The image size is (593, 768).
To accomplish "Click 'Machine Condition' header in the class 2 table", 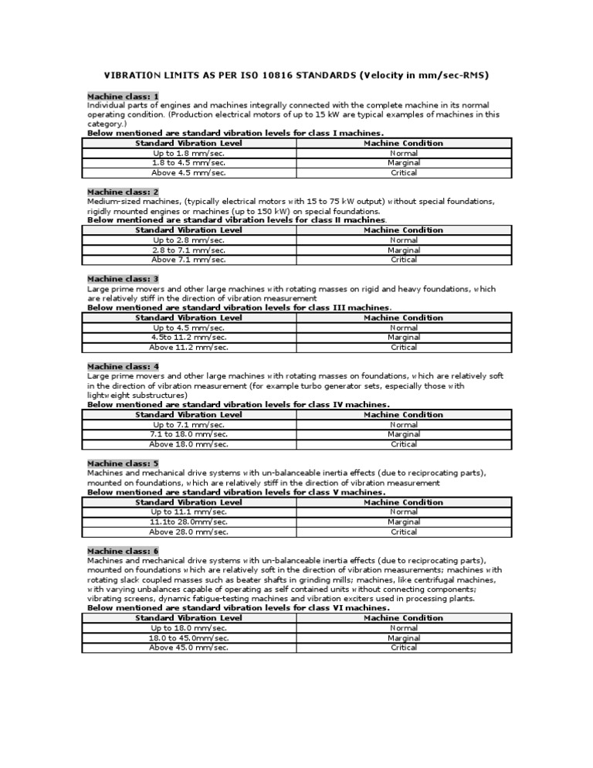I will [403, 230].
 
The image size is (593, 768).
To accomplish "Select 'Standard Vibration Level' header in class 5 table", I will [188, 502].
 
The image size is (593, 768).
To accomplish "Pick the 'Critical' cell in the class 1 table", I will [403, 173].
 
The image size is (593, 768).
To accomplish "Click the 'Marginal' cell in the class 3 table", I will [403, 337].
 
